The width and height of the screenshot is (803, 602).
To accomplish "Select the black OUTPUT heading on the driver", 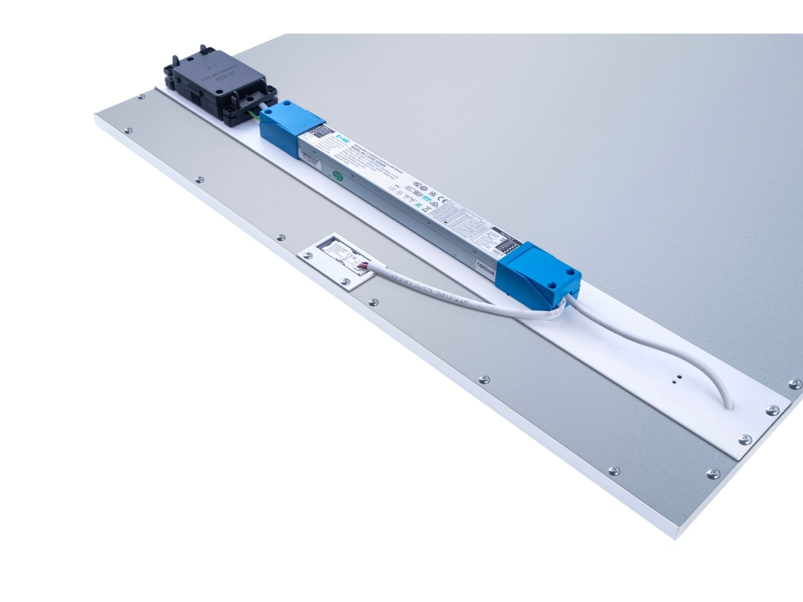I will (504, 232).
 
